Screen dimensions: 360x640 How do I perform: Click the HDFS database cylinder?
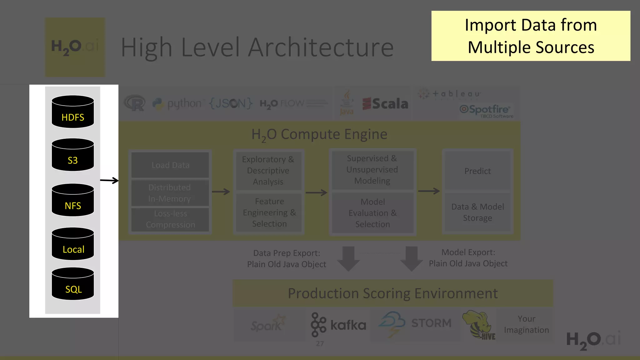click(x=72, y=112)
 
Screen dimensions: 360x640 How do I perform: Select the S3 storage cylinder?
click(x=72, y=155)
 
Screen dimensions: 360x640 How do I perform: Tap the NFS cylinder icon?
click(x=72, y=200)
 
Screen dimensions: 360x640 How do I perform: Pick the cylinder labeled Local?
click(x=72, y=244)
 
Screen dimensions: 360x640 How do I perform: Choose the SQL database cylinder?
click(x=72, y=284)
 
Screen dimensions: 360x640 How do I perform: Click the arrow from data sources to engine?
click(x=109, y=180)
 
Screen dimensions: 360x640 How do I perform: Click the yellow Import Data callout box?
click(x=531, y=36)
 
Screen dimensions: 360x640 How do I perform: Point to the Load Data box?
click(x=170, y=165)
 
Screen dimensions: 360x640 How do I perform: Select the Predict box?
click(x=477, y=171)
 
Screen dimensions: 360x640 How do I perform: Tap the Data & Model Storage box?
click(x=477, y=212)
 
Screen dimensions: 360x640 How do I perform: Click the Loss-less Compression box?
click(x=170, y=219)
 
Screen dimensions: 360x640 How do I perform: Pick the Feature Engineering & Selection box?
click(x=269, y=212)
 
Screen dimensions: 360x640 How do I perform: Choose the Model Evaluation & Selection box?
click(x=372, y=213)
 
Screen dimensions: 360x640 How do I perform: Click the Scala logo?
click(x=385, y=104)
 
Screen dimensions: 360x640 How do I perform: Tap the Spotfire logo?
click(x=486, y=110)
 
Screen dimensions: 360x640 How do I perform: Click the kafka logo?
click(x=338, y=325)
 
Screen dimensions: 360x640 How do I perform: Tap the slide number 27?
click(x=320, y=343)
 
